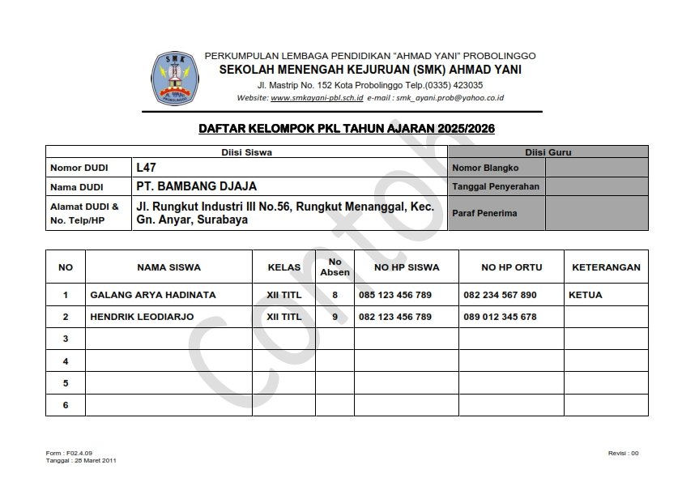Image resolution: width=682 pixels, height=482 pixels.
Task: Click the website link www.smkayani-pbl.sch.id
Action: [x=317, y=97]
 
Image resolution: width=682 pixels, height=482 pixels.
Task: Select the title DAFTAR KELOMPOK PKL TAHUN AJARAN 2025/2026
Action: [x=347, y=128]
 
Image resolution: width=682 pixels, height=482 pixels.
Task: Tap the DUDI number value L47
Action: [x=147, y=168]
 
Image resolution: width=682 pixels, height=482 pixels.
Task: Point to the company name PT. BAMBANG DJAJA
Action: [x=197, y=186]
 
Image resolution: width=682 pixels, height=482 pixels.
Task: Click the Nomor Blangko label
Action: [x=485, y=168]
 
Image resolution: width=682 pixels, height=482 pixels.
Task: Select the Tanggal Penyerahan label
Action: [x=496, y=186]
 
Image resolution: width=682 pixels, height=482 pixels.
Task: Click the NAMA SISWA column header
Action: [x=168, y=267]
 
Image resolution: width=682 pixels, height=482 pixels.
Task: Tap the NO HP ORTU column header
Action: [x=511, y=267]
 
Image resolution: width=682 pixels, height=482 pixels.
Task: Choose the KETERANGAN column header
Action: [x=606, y=267]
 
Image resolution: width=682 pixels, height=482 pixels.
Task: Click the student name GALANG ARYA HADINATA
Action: [x=153, y=295]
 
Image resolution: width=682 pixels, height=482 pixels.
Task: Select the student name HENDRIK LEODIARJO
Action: [x=142, y=317]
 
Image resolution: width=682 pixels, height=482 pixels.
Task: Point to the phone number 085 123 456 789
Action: [x=395, y=295]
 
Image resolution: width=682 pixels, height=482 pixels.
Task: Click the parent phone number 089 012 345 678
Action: [x=500, y=317]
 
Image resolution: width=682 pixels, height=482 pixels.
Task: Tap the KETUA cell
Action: [x=586, y=295]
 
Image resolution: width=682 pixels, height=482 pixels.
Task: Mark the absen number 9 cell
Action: [x=335, y=317]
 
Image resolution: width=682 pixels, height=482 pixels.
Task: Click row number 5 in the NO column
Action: [x=66, y=382]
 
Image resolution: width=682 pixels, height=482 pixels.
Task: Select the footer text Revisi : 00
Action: [x=623, y=453]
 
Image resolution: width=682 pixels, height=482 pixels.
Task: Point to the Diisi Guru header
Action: [x=548, y=151]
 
